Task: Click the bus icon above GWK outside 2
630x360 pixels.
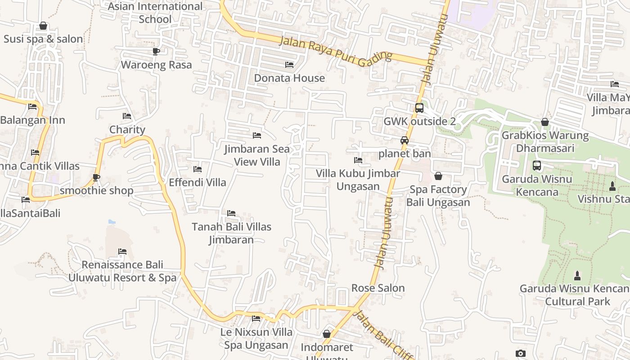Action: [x=419, y=108]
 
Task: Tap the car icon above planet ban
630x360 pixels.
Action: [x=405, y=140]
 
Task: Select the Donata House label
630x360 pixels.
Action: [x=289, y=78]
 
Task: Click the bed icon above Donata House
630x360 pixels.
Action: [x=289, y=65]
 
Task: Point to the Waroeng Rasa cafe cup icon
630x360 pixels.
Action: [x=156, y=51]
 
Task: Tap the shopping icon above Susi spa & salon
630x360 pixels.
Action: [x=43, y=26]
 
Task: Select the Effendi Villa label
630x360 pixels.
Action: [x=198, y=183]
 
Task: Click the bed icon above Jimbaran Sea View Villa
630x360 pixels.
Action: [x=257, y=135]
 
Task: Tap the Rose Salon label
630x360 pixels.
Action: [x=378, y=288]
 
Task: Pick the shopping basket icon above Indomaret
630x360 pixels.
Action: [x=327, y=334]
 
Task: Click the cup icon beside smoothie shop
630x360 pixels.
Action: [x=96, y=177]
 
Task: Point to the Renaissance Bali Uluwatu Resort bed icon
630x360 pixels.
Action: [x=122, y=251]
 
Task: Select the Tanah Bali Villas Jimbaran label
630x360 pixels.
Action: [x=231, y=233]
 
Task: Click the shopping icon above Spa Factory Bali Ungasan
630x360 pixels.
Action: [x=438, y=176]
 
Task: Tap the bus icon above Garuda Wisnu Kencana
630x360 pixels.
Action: [x=537, y=166]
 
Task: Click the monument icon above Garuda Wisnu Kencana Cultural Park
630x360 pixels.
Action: [x=577, y=275]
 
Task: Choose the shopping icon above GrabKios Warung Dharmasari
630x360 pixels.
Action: [x=545, y=122]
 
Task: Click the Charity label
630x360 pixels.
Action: [x=127, y=130]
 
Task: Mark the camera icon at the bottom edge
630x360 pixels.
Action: [x=521, y=354]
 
